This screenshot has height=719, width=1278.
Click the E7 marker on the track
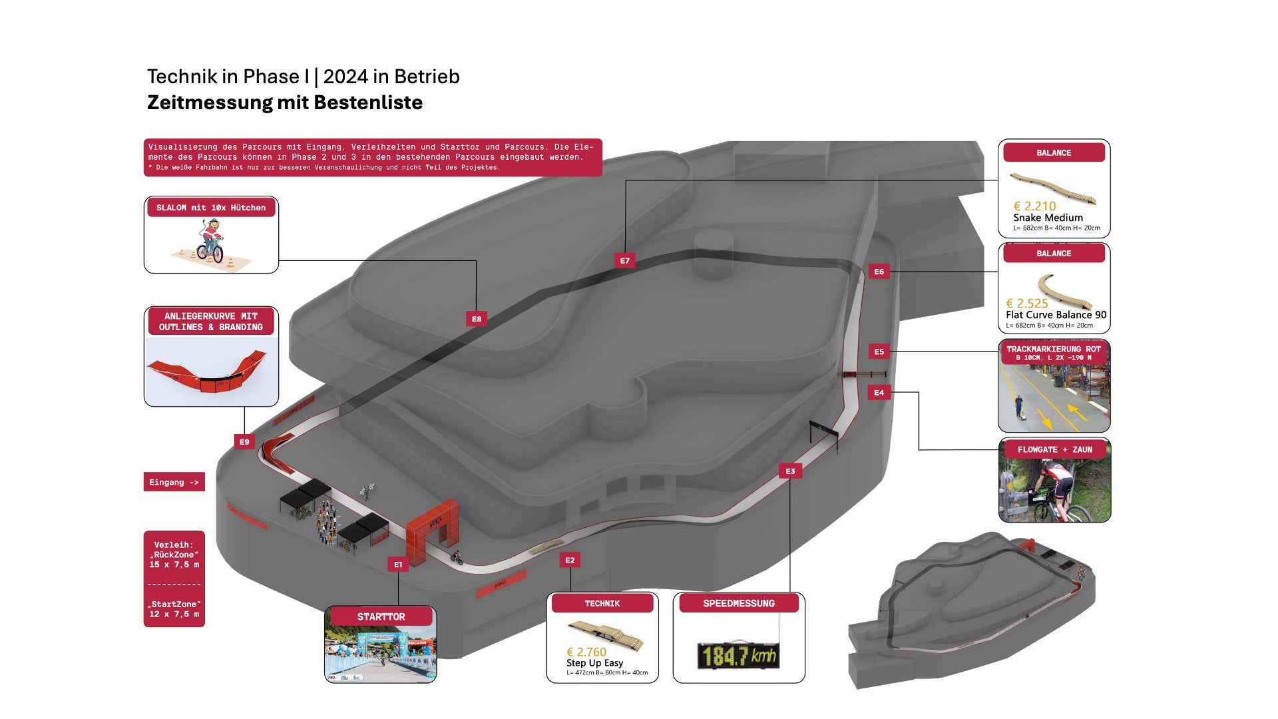[624, 260]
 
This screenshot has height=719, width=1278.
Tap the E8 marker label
[476, 319]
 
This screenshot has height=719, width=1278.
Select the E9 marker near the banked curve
[244, 441]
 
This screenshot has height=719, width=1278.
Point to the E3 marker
[790, 471]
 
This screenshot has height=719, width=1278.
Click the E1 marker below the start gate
[398, 565]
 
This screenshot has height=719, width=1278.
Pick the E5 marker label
[879, 352]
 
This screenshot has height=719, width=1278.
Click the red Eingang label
[174, 482]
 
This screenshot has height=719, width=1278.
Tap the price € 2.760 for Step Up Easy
[586, 652]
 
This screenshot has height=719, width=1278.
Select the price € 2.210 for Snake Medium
[1034, 206]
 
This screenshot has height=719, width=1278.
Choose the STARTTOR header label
[381, 616]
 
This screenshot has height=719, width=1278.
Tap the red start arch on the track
[433, 526]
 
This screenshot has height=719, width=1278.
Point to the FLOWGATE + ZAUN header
[1054, 449]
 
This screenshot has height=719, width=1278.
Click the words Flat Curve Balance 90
[1056, 315]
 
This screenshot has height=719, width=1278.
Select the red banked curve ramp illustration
[207, 373]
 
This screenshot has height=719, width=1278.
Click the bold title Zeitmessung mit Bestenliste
[285, 103]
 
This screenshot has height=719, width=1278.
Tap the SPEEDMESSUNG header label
[739, 603]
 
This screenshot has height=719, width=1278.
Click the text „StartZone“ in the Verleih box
[174, 604]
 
